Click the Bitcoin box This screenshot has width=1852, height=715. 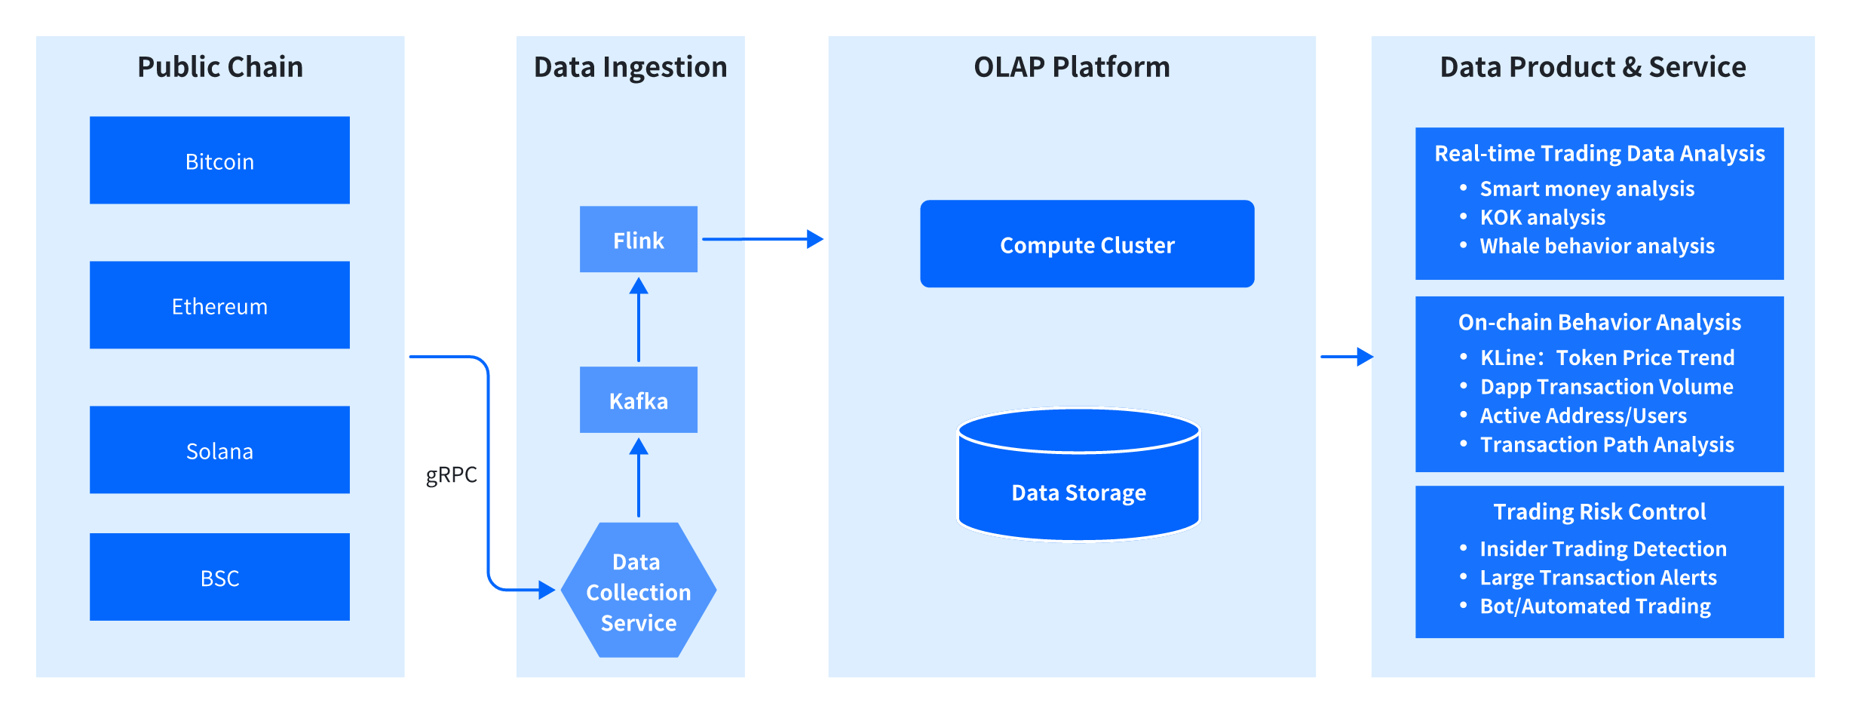pyautogui.click(x=219, y=160)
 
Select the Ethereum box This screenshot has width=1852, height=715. pyautogui.click(x=219, y=305)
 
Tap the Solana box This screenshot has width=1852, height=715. pyautogui.click(x=219, y=450)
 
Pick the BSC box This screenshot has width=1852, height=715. pyautogui.click(x=219, y=577)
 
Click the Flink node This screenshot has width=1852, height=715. pyautogui.click(x=639, y=239)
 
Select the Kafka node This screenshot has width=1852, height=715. pyautogui.click(x=639, y=400)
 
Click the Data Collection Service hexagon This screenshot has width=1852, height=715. pyautogui.click(x=639, y=590)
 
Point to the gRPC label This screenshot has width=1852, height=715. pyautogui.click(x=452, y=475)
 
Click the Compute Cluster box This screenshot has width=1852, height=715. pyautogui.click(x=1087, y=244)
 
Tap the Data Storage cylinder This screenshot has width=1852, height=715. pyautogui.click(x=1079, y=475)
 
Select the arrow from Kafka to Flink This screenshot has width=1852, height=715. pyautogui.click(x=639, y=320)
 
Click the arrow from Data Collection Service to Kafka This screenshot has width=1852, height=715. pyautogui.click(x=639, y=477)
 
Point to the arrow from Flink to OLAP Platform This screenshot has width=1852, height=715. pyautogui.click(x=762, y=239)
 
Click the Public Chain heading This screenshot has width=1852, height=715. pyautogui.click(x=220, y=67)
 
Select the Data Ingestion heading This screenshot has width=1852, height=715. pyautogui.click(x=630, y=68)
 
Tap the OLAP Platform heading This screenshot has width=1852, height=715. pyautogui.click(x=1072, y=67)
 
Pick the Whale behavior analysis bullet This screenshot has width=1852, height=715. pyautogui.click(x=1587, y=246)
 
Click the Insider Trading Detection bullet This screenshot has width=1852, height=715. pyautogui.click(x=1593, y=548)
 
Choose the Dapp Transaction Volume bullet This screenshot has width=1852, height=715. pyautogui.click(x=1597, y=387)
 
